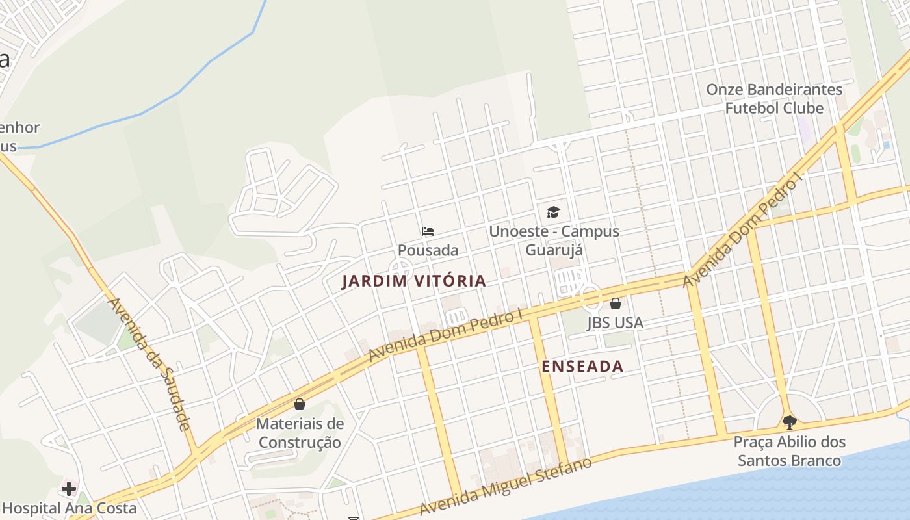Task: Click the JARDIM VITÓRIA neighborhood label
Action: point(414,281)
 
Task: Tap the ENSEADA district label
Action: point(582,367)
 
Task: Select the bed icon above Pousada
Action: point(427,231)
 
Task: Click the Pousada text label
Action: point(428,250)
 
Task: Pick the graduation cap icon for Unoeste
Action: point(553,212)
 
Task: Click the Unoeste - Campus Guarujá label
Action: point(554,240)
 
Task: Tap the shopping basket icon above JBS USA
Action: point(616,304)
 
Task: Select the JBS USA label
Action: point(615,322)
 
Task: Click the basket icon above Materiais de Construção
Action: point(300,404)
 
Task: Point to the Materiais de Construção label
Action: point(300,433)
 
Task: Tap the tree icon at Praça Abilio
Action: point(789,422)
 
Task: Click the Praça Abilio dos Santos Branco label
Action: point(789,451)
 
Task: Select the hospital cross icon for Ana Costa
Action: point(69,488)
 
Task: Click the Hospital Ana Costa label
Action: point(70,508)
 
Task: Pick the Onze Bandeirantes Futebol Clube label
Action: point(774,99)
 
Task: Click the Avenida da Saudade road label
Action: point(149,364)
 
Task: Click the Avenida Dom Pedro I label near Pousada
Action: point(446,335)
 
